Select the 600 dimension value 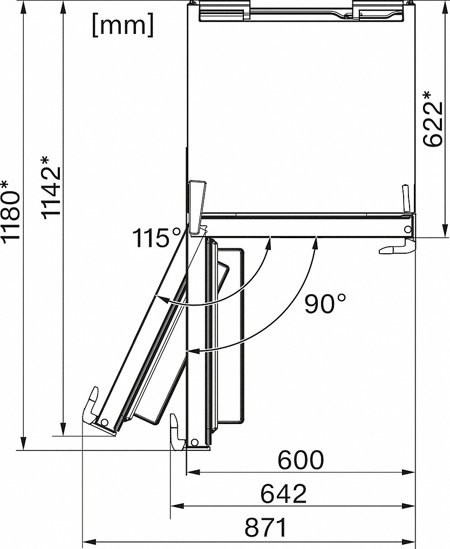[x=301, y=460]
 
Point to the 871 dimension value [x=266, y=528]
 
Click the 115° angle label [x=157, y=238]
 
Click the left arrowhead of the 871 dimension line [x=87, y=540]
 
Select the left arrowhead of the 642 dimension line [x=175, y=506]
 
